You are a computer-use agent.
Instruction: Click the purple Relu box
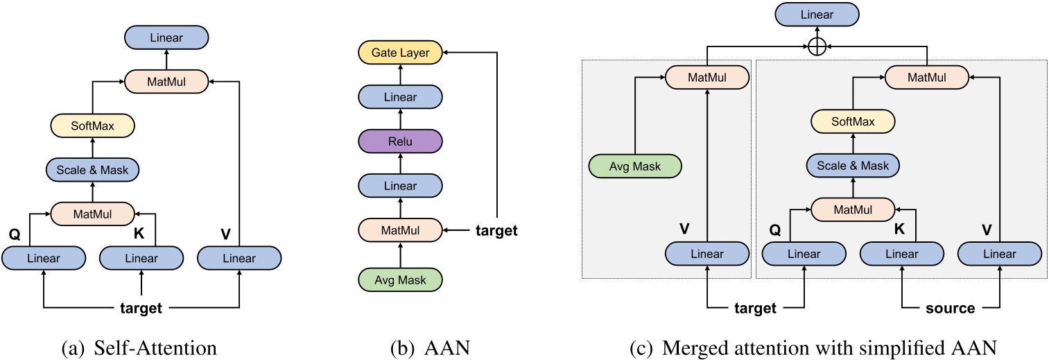pos(399,142)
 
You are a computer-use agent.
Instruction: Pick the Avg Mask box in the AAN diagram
pos(399,280)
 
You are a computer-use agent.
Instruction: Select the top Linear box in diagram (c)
pos(816,13)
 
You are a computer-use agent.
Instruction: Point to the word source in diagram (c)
pos(950,308)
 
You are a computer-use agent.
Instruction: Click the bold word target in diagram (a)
pos(141,308)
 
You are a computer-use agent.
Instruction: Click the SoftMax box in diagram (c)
pos(853,123)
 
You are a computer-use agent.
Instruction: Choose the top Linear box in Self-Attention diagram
pos(166,37)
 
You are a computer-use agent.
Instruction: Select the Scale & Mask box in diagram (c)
pos(853,166)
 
